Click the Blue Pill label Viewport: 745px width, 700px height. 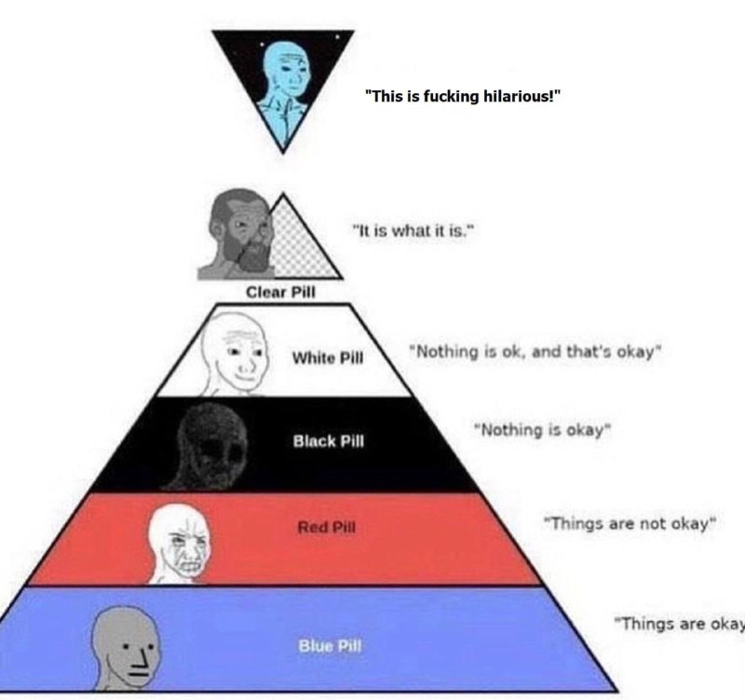click(x=330, y=646)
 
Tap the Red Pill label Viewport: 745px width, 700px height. click(x=327, y=527)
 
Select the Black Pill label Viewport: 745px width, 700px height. click(x=329, y=441)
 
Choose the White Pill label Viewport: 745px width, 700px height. click(x=328, y=357)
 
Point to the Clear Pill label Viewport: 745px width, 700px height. click(x=280, y=292)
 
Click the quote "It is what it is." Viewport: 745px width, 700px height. click(x=413, y=231)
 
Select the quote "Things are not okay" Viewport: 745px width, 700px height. click(x=630, y=523)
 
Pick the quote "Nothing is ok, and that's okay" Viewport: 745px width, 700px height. click(x=535, y=352)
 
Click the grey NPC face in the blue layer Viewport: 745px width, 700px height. click(x=125, y=646)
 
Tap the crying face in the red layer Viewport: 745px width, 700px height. click(x=180, y=543)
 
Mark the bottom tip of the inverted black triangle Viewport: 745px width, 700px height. click(x=283, y=153)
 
